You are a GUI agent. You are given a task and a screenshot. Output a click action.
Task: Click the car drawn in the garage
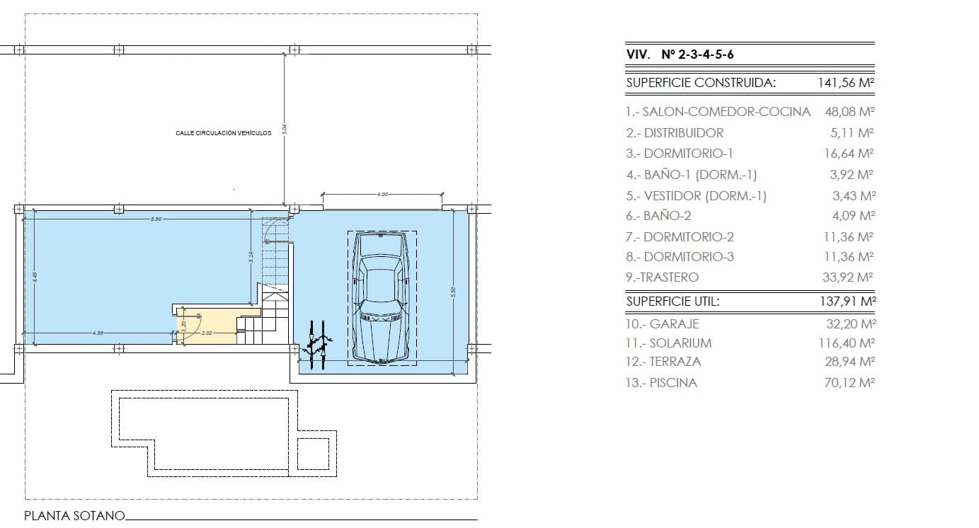tap(382, 298)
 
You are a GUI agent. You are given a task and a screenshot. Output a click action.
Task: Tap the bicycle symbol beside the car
tap(316, 345)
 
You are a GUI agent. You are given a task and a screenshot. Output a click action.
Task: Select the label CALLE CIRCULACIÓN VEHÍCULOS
tap(223, 133)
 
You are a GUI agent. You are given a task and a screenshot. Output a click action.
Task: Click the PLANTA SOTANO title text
tap(74, 516)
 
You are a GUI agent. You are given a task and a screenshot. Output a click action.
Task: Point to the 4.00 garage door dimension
tap(382, 194)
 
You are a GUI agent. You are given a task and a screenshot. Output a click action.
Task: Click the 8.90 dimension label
tap(156, 219)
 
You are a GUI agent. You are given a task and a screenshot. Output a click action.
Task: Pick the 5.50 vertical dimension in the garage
tap(454, 291)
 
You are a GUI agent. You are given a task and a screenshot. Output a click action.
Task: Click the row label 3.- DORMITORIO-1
tap(679, 154)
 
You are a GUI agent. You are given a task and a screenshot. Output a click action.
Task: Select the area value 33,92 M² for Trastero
tap(849, 277)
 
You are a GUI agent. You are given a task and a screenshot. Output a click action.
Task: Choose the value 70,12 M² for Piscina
tap(847, 383)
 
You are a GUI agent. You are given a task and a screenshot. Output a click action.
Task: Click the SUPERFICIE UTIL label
tap(672, 302)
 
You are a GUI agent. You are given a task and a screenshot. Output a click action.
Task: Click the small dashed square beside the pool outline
tap(313, 454)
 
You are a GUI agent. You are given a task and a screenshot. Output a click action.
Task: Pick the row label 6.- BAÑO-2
tap(658, 216)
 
